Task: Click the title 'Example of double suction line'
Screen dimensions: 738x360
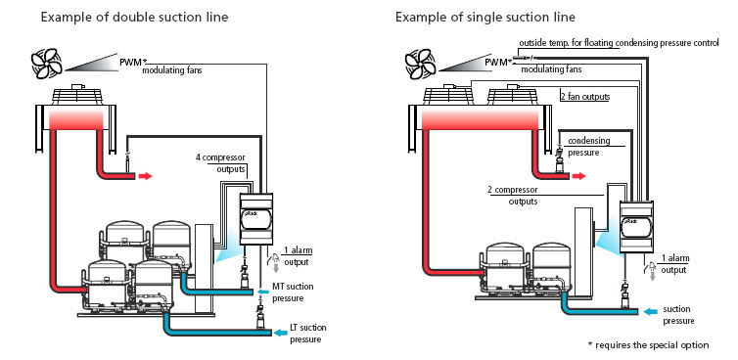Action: click(x=134, y=18)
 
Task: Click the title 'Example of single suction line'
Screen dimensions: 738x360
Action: click(x=484, y=18)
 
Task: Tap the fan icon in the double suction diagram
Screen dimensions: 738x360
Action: click(x=47, y=64)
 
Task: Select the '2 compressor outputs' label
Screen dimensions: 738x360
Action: click(x=513, y=196)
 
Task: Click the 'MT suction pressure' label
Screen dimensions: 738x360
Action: click(x=293, y=292)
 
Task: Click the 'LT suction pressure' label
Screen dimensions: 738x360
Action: click(x=307, y=334)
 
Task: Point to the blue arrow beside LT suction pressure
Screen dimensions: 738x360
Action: click(x=281, y=334)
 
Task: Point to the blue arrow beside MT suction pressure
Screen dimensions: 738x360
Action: click(x=263, y=292)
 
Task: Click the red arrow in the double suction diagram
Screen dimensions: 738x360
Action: click(x=146, y=176)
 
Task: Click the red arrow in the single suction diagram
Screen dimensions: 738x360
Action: click(x=578, y=176)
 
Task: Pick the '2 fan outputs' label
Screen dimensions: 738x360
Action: click(x=585, y=97)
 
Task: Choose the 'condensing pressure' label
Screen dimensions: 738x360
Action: click(x=589, y=147)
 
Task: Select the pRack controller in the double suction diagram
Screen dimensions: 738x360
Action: click(x=256, y=219)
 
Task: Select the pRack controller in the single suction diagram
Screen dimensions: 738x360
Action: click(x=636, y=227)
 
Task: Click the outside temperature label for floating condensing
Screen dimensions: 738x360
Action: click(x=619, y=43)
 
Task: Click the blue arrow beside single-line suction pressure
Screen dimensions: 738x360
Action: click(x=652, y=311)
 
